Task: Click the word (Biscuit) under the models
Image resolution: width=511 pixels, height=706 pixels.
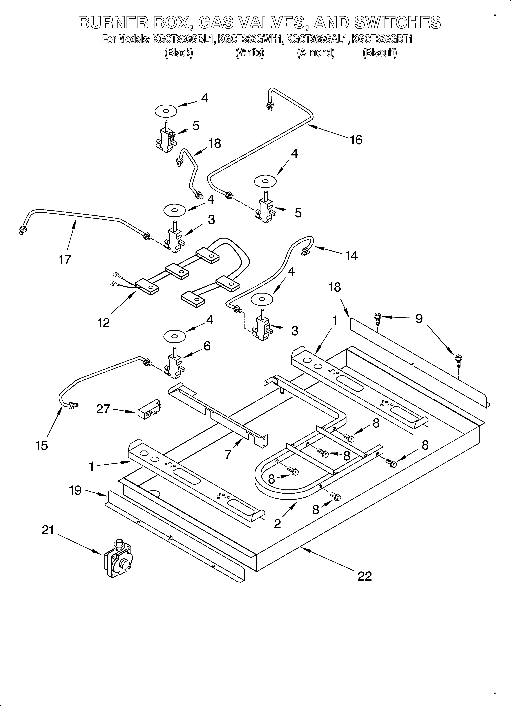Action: pos(380,53)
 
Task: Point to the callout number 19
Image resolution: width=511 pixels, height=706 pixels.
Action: pos(75,490)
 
